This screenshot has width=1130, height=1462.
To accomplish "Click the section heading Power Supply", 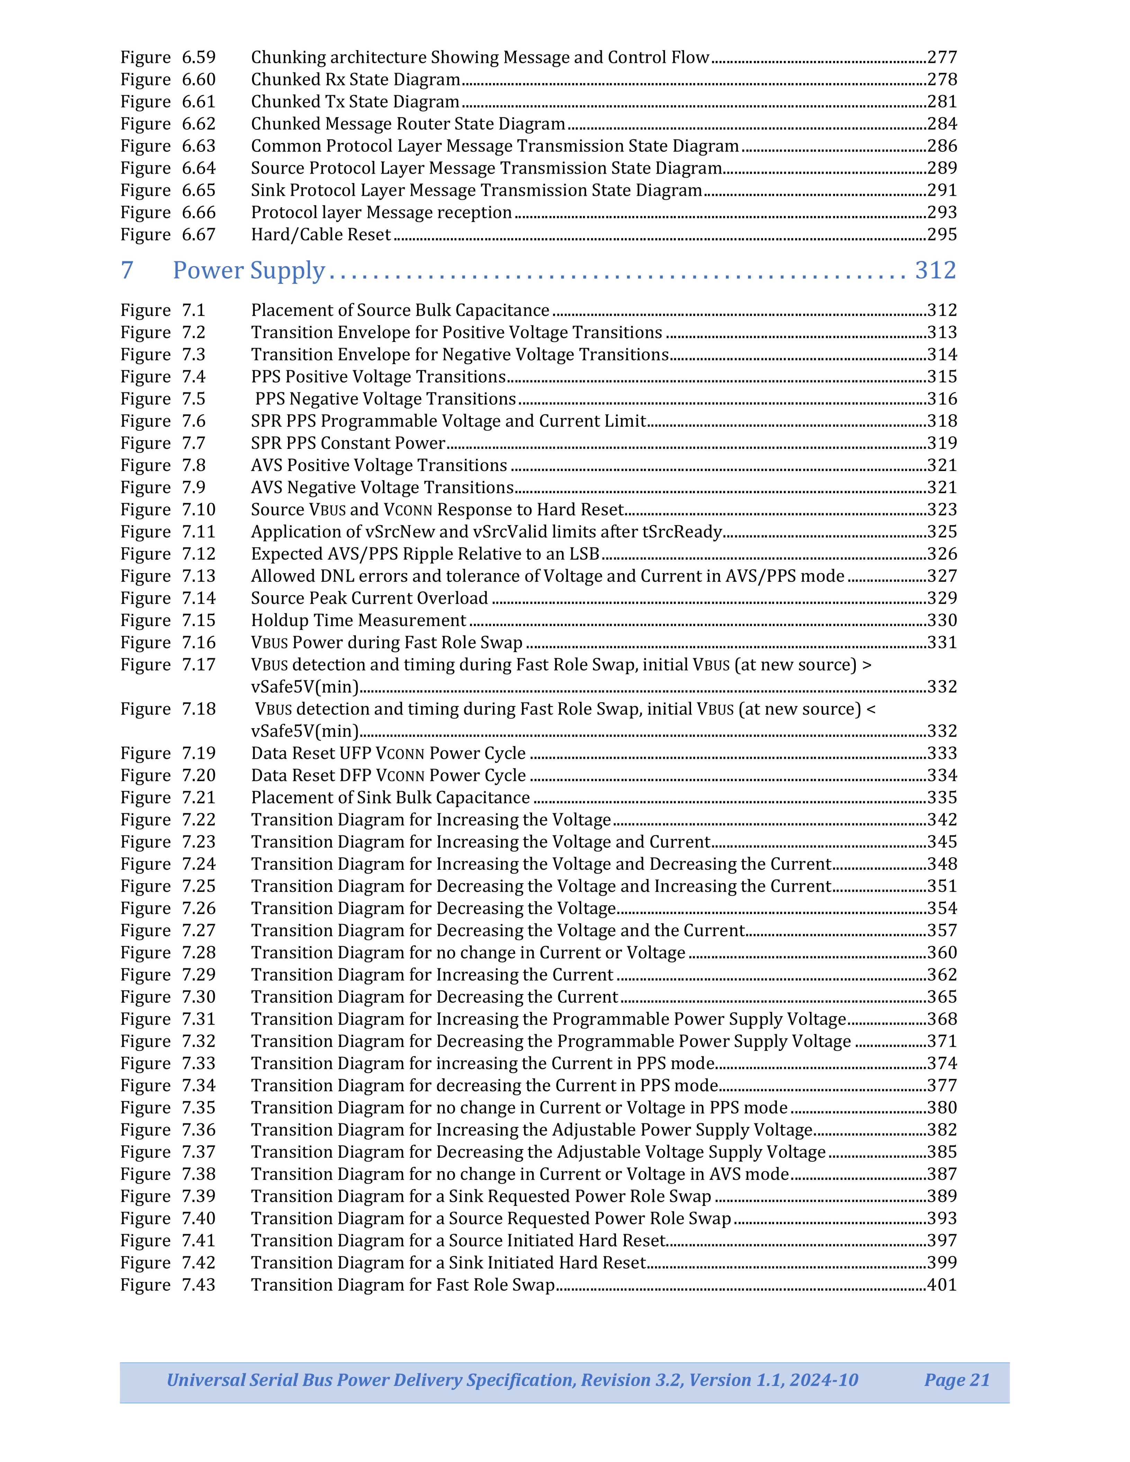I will [x=248, y=270].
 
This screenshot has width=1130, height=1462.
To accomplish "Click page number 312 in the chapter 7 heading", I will [x=935, y=270].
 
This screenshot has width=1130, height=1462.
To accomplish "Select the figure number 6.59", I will [x=199, y=57].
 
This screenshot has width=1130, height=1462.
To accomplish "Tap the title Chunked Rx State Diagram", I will [x=356, y=80].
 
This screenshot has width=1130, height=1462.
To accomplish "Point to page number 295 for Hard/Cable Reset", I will [x=942, y=235].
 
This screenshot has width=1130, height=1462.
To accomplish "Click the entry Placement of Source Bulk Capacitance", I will [x=400, y=310].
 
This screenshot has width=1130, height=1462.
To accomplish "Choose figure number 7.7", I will [x=194, y=443].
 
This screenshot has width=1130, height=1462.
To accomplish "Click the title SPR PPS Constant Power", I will [x=348, y=443].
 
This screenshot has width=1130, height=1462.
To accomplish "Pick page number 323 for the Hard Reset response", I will [x=942, y=510].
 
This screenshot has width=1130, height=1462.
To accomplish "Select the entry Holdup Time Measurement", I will [x=358, y=621].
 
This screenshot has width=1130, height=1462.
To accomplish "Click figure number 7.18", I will [x=199, y=709].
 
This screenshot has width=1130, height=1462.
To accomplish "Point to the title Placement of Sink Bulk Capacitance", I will [x=390, y=798].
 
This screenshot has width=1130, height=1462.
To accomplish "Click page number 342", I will [x=942, y=820].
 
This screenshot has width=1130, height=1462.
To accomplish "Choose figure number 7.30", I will [x=199, y=998].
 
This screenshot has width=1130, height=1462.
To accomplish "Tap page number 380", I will [x=942, y=1108].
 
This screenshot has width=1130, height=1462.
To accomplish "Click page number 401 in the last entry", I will [x=942, y=1285].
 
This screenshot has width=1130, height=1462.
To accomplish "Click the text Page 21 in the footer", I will [x=957, y=1380].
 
